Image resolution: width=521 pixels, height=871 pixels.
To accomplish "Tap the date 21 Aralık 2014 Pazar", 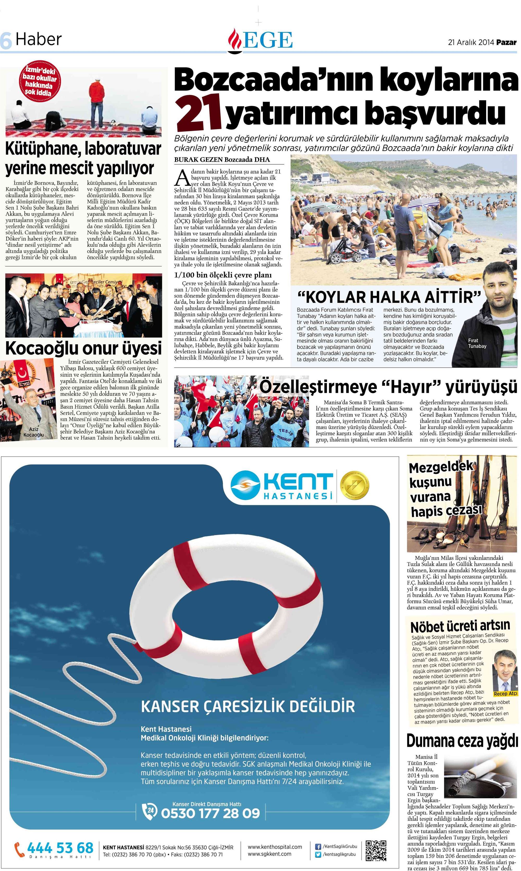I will tap(482, 42).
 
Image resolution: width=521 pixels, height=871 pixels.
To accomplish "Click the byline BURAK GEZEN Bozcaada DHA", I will tap(222, 160).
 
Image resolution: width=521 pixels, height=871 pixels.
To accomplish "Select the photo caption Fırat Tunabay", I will tap(477, 343).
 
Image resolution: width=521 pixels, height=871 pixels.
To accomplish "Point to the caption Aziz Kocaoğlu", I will tap(34, 432).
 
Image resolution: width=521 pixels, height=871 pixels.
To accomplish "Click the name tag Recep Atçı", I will tap(505, 693).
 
